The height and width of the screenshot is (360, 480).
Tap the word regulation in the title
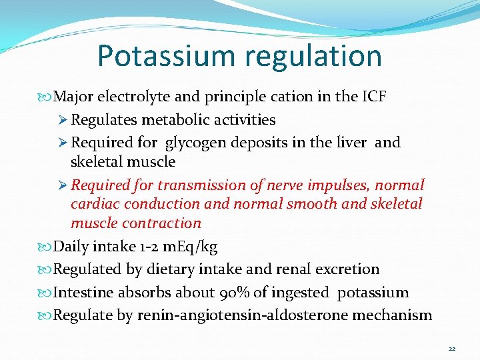(x=315, y=56)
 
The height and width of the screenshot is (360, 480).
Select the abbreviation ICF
(x=374, y=97)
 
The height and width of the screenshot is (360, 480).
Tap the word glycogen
(x=195, y=143)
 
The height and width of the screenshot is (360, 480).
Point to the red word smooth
(x=313, y=204)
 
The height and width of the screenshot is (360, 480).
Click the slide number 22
(x=451, y=348)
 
